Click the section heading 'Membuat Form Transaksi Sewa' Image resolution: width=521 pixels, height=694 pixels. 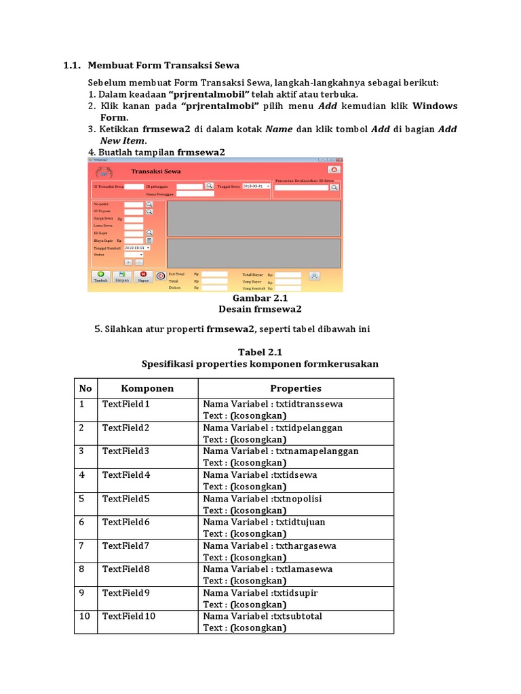coord(163,66)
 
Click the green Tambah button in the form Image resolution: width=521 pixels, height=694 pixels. coord(100,276)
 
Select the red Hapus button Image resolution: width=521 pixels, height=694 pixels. coord(143,276)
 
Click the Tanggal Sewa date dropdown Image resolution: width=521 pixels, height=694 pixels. coord(256,185)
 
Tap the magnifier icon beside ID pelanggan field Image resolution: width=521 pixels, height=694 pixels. coord(210,185)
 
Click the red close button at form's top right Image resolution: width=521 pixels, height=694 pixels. coord(333,169)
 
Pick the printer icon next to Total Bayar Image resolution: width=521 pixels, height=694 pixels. coord(314,275)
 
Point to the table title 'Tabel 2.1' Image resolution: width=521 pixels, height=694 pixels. coord(260,352)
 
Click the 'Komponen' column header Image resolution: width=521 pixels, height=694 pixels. coord(147,388)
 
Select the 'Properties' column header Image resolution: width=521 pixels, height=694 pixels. coord(296,388)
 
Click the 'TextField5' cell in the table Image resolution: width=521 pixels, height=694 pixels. coord(126,499)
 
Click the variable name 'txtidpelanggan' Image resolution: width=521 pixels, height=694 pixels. coord(309,428)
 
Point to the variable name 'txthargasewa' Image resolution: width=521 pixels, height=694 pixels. coord(305,546)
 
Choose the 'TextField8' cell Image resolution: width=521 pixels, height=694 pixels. coord(126,569)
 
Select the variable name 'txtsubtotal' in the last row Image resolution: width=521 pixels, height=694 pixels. coord(297,616)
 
